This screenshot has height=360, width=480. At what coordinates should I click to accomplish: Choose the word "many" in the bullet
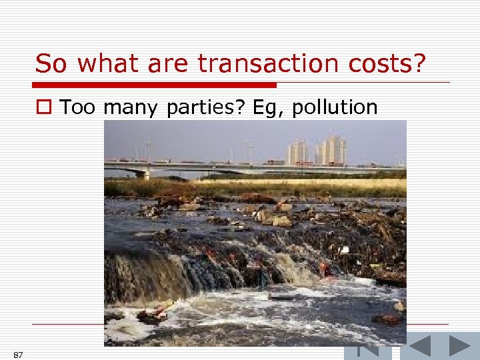tap(129, 107)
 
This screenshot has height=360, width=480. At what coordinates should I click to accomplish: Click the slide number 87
tap(18, 354)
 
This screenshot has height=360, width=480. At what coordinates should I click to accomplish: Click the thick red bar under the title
tap(155, 85)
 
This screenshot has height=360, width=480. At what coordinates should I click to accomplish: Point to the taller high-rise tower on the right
tap(334, 149)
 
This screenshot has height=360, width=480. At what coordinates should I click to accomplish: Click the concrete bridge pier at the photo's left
tap(145, 173)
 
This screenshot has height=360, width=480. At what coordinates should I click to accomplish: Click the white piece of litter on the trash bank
tap(344, 250)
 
